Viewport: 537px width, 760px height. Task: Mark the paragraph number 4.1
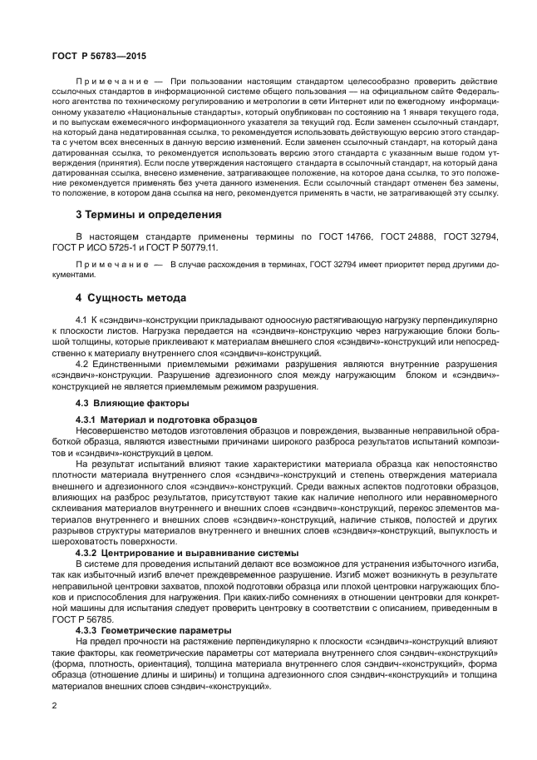81,320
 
